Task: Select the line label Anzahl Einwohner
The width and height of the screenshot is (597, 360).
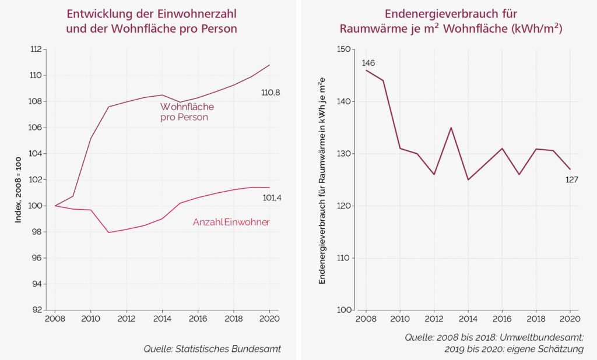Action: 231,223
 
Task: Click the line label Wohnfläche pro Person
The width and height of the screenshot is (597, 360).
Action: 187,112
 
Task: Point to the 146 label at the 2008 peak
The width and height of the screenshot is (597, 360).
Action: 368,63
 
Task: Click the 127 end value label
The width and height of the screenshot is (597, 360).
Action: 571,179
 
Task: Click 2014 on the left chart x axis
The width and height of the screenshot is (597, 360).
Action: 162,319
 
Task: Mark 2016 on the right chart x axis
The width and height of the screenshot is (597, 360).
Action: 502,319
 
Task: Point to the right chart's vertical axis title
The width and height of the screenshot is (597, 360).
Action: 322,180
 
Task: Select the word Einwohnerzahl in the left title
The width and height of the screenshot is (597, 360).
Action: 196,13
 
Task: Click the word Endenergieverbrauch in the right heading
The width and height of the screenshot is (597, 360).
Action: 439,13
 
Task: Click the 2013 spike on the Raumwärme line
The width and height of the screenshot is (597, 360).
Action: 451,128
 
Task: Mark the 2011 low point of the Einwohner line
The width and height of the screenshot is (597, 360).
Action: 108,232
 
